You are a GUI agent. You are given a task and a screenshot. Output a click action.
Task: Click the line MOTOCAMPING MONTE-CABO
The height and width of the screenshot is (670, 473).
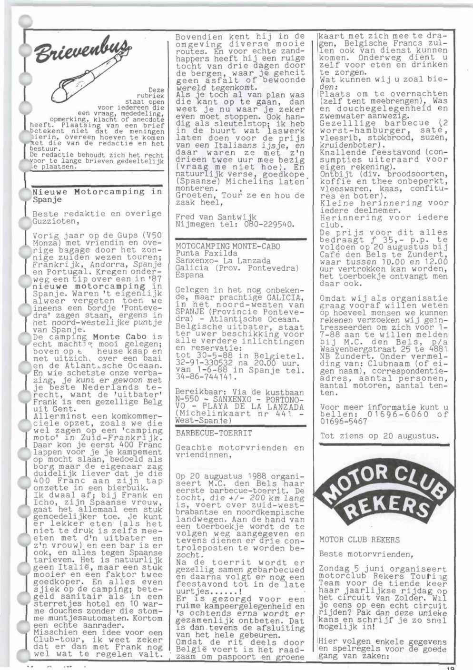(x=228, y=246)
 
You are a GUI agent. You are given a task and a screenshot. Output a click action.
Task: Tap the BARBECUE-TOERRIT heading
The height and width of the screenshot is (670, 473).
(x=214, y=433)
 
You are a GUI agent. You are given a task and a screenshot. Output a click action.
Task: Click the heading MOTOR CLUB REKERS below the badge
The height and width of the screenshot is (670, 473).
(x=360, y=540)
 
